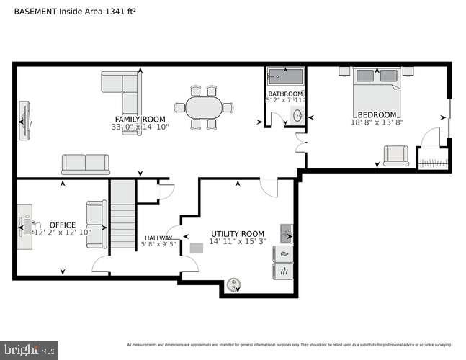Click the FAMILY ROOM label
coord(140,119)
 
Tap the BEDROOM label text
coord(377,114)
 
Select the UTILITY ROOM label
coord(237,234)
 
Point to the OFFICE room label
coord(62,225)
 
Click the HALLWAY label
coord(158,238)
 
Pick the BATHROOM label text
coord(286,94)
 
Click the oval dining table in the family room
coord(206,109)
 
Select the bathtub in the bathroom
coord(286,76)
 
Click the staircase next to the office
coord(122,215)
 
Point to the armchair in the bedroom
coord(395,156)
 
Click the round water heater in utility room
coord(233,285)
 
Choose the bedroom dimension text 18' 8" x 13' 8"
coord(377,122)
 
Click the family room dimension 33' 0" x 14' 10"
coord(140,127)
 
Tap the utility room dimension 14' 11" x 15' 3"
coord(237,242)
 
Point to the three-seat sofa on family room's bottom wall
coord(85,165)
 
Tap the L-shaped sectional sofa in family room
coord(122,90)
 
